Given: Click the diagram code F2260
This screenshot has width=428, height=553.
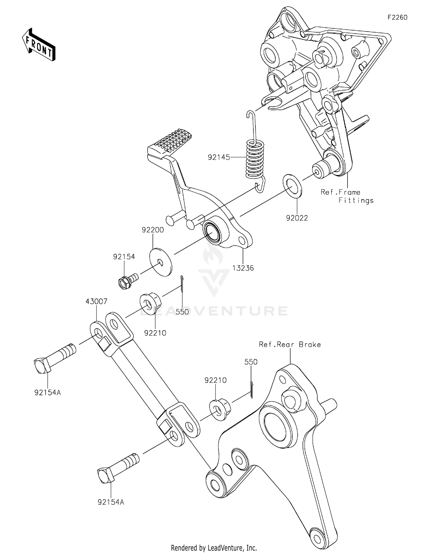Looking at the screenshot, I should point(397,17).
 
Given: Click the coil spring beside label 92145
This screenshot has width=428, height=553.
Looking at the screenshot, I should point(255,160).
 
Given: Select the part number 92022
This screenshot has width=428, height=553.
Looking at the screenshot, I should point(297,218).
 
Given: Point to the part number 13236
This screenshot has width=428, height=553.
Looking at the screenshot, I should point(243,268).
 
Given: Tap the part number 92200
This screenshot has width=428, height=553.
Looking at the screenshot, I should point(153,230).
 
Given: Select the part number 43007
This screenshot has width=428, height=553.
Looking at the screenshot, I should point(96,301).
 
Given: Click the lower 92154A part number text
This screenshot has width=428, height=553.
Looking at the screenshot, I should point(111,502).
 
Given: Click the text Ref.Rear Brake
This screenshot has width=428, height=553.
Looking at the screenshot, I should point(290,344).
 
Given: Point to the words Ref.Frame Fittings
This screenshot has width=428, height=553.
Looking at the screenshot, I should point(347,196).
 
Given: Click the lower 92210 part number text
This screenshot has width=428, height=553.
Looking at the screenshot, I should point(215,380).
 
